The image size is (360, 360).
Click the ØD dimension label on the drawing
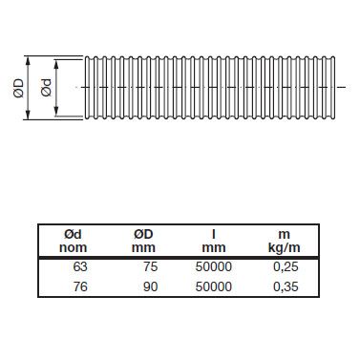tap(19, 88)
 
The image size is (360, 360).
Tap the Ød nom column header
tap(73, 241)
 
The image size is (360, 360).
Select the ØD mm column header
tap(143, 241)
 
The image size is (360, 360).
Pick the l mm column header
tap(214, 241)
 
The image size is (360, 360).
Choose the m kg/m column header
tap(285, 242)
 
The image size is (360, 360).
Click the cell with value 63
tap(80, 266)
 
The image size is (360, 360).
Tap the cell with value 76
tap(80, 286)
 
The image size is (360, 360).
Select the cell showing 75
tap(150, 266)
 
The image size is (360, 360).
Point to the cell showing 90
tap(150, 286)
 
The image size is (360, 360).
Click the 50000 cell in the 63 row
tap(214, 266)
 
